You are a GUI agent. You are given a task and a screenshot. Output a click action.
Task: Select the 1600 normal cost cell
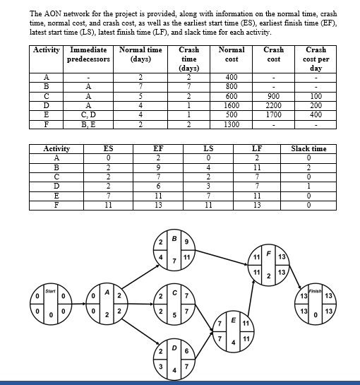click(x=232, y=105)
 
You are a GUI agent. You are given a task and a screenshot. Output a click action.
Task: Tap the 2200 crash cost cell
click(x=274, y=105)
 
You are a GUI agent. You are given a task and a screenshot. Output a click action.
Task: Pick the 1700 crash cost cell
click(x=274, y=114)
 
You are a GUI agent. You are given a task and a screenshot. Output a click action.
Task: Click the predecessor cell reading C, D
click(x=88, y=114)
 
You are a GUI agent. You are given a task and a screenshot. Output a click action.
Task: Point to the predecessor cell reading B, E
click(x=88, y=123)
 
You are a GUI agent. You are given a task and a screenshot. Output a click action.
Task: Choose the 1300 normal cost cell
click(x=232, y=123)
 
